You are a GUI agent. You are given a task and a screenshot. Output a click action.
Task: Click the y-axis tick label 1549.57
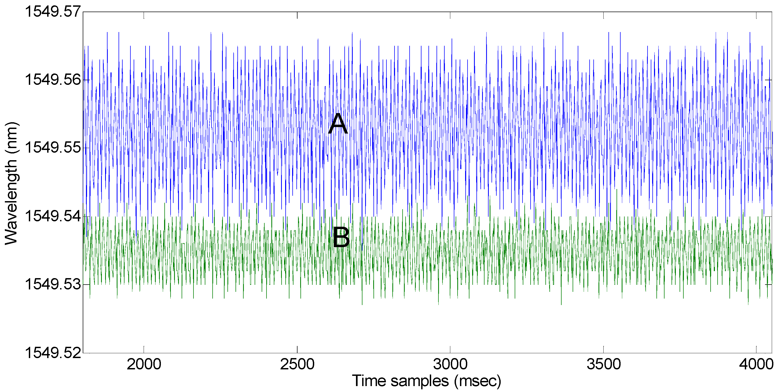(53, 12)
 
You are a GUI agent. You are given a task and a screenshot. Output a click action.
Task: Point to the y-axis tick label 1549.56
(53, 80)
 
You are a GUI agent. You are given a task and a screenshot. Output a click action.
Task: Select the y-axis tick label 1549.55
(53, 148)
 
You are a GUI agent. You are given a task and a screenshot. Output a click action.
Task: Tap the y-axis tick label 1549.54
(53, 216)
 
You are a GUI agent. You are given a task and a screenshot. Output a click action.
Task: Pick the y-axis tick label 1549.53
(53, 285)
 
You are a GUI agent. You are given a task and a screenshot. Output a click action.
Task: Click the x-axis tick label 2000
(144, 364)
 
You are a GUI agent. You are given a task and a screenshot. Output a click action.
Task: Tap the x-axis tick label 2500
(297, 364)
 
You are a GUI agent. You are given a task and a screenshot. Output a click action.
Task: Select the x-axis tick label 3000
(450, 364)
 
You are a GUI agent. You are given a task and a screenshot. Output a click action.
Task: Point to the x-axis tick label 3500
(604, 364)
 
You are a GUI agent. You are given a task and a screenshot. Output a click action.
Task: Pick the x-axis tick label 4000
(756, 364)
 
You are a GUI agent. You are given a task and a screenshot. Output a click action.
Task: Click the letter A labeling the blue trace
(338, 124)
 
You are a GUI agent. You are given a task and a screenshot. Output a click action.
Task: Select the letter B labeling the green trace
(341, 238)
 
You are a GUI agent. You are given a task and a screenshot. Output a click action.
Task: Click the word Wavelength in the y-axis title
(12, 202)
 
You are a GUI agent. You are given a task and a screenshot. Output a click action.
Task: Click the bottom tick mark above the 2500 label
(297, 349)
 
